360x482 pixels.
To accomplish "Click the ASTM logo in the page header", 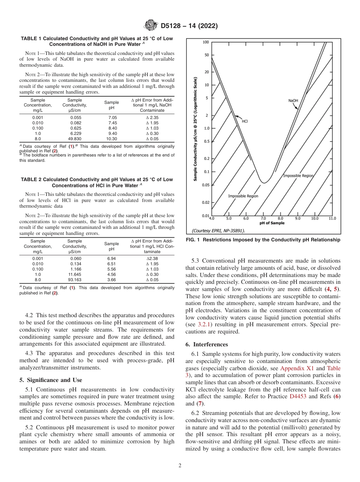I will (x=151, y=26).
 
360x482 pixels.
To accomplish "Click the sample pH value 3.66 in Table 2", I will (x=112, y=280).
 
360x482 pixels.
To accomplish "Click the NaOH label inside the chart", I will (x=293, y=101).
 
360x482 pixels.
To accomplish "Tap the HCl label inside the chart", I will (x=245, y=121).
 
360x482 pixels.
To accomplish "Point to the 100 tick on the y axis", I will (x=205, y=42).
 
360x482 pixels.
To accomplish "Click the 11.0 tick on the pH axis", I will (x=332, y=219).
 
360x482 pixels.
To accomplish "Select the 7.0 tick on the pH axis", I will (x=263, y=219).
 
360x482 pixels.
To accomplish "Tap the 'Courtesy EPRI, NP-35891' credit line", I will (x=218, y=230).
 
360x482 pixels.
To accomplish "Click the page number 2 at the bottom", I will (x=180, y=466).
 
